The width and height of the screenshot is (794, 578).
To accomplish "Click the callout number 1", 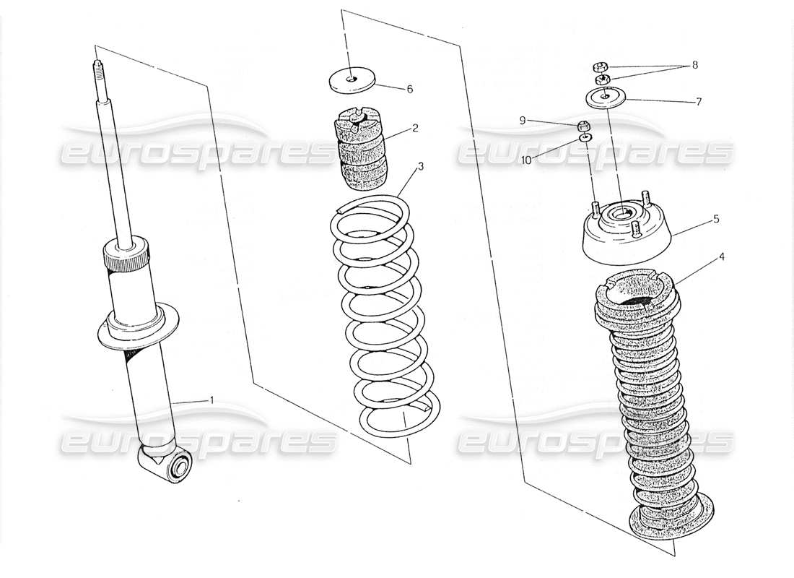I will tap(211, 400).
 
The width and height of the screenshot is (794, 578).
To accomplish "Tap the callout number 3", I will tap(420, 166).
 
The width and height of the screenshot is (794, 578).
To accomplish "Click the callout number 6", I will tap(409, 90).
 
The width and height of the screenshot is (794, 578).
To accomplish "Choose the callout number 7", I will tap(698, 102).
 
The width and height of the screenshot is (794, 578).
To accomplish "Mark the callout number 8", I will tap(694, 64).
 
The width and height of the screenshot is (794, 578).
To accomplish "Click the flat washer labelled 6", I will tap(351, 79).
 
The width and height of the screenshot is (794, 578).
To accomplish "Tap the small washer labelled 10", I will tap(586, 136).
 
